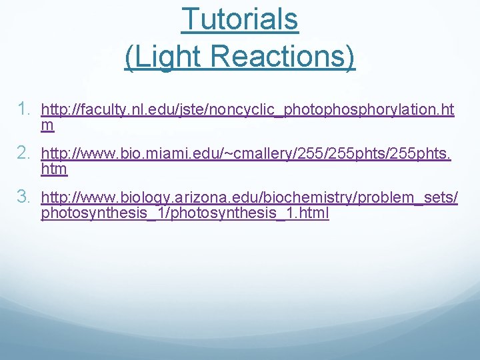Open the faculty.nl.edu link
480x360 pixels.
pos(247,109)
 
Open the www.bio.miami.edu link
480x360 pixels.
pos(246,155)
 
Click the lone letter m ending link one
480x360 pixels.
pos(47,125)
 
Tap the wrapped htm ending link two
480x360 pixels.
pos(54,170)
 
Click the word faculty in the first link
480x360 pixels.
pos(95,109)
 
